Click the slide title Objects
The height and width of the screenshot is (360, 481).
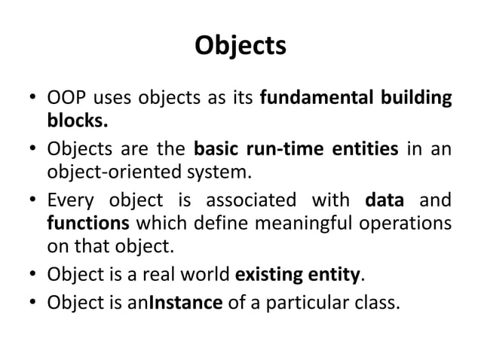[x=240, y=46]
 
